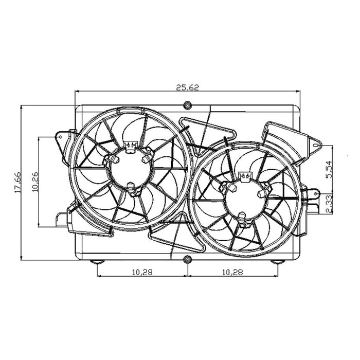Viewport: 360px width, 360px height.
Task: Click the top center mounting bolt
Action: click(x=187, y=106)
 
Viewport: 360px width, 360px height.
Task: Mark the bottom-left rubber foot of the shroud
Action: click(x=96, y=262)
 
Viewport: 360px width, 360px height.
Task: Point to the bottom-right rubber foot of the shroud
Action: click(x=278, y=262)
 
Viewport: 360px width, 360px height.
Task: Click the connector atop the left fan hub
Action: click(x=131, y=147)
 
